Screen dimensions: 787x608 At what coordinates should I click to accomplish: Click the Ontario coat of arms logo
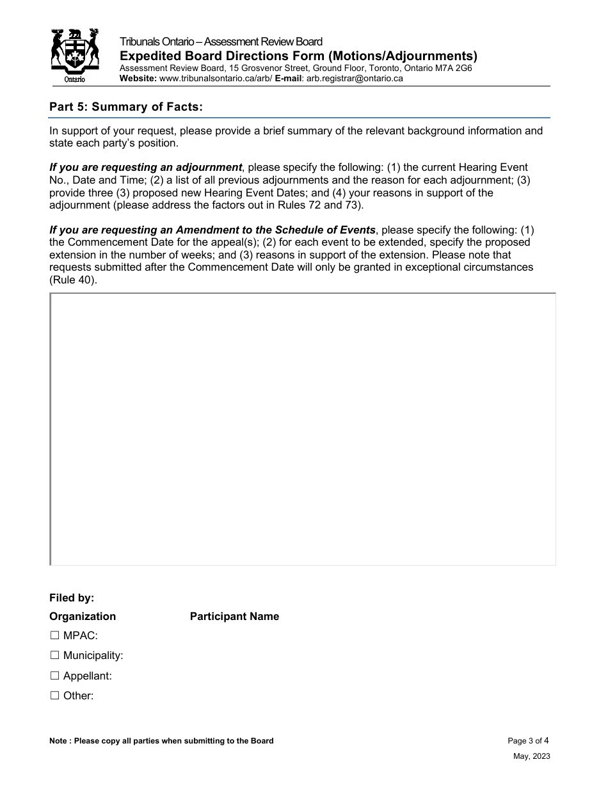[x=76, y=56]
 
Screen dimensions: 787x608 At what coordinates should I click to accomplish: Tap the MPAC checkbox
[x=54, y=635]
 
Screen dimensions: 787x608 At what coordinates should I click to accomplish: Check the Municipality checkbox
[x=54, y=655]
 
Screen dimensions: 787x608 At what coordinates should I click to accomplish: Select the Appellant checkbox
[x=54, y=676]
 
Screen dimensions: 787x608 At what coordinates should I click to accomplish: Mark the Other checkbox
[x=54, y=696]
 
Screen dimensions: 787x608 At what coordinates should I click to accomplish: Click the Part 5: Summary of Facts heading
[x=126, y=107]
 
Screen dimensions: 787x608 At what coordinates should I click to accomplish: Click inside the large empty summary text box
[x=303, y=429]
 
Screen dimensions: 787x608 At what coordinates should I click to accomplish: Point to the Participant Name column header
[x=234, y=616]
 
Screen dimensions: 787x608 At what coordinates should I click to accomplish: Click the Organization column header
[x=83, y=616]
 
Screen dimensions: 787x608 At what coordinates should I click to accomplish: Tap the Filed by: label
[x=72, y=598]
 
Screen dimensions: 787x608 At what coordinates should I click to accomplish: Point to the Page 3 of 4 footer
[x=528, y=741]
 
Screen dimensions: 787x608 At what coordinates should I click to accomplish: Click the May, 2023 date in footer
[x=531, y=756]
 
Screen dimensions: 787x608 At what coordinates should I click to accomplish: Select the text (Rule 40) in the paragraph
[x=74, y=280]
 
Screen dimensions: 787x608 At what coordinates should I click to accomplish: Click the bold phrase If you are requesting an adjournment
[x=146, y=168]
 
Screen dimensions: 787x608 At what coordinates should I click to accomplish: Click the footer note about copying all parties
[x=161, y=741]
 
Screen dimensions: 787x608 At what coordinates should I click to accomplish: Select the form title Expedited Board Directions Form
[x=298, y=56]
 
